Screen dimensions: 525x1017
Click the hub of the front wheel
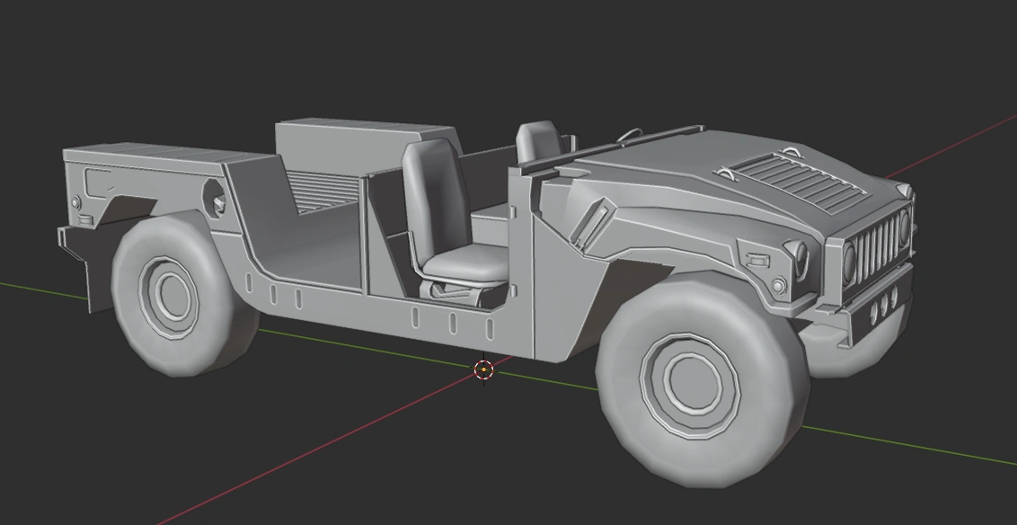pos(691,384)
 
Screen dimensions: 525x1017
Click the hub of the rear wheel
pos(170,291)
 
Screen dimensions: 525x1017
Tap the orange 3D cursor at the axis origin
pos(483,369)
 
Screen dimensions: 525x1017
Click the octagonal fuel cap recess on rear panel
pos(215,195)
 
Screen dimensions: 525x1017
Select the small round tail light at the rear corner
pos(76,202)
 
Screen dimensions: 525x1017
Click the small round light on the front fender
pos(779,285)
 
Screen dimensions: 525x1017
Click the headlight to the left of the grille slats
pos(849,261)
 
